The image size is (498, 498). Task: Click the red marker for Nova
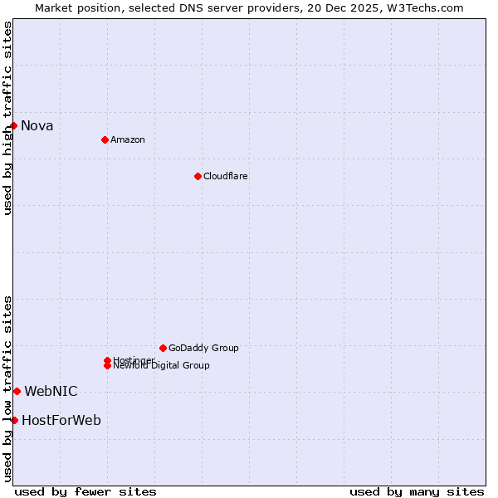click(14, 125)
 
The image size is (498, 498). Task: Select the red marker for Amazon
click(105, 139)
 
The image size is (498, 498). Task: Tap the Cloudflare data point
click(198, 176)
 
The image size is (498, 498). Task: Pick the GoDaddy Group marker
click(163, 348)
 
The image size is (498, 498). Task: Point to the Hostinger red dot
click(107, 360)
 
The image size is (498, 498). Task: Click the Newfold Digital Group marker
click(107, 366)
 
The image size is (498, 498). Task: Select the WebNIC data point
click(17, 391)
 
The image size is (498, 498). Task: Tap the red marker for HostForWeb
click(14, 420)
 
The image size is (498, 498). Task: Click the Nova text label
click(37, 126)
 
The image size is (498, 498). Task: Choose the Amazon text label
click(127, 139)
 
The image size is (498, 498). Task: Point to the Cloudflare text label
click(225, 176)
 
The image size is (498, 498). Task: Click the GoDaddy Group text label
click(203, 348)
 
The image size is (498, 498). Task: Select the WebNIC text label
click(51, 391)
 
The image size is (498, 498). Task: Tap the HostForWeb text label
click(61, 420)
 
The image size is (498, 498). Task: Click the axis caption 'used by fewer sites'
click(85, 491)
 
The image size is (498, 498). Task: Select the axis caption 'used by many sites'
click(417, 491)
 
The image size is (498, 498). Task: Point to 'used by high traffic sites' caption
click(7, 118)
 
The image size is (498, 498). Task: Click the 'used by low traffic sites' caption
click(7, 388)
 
